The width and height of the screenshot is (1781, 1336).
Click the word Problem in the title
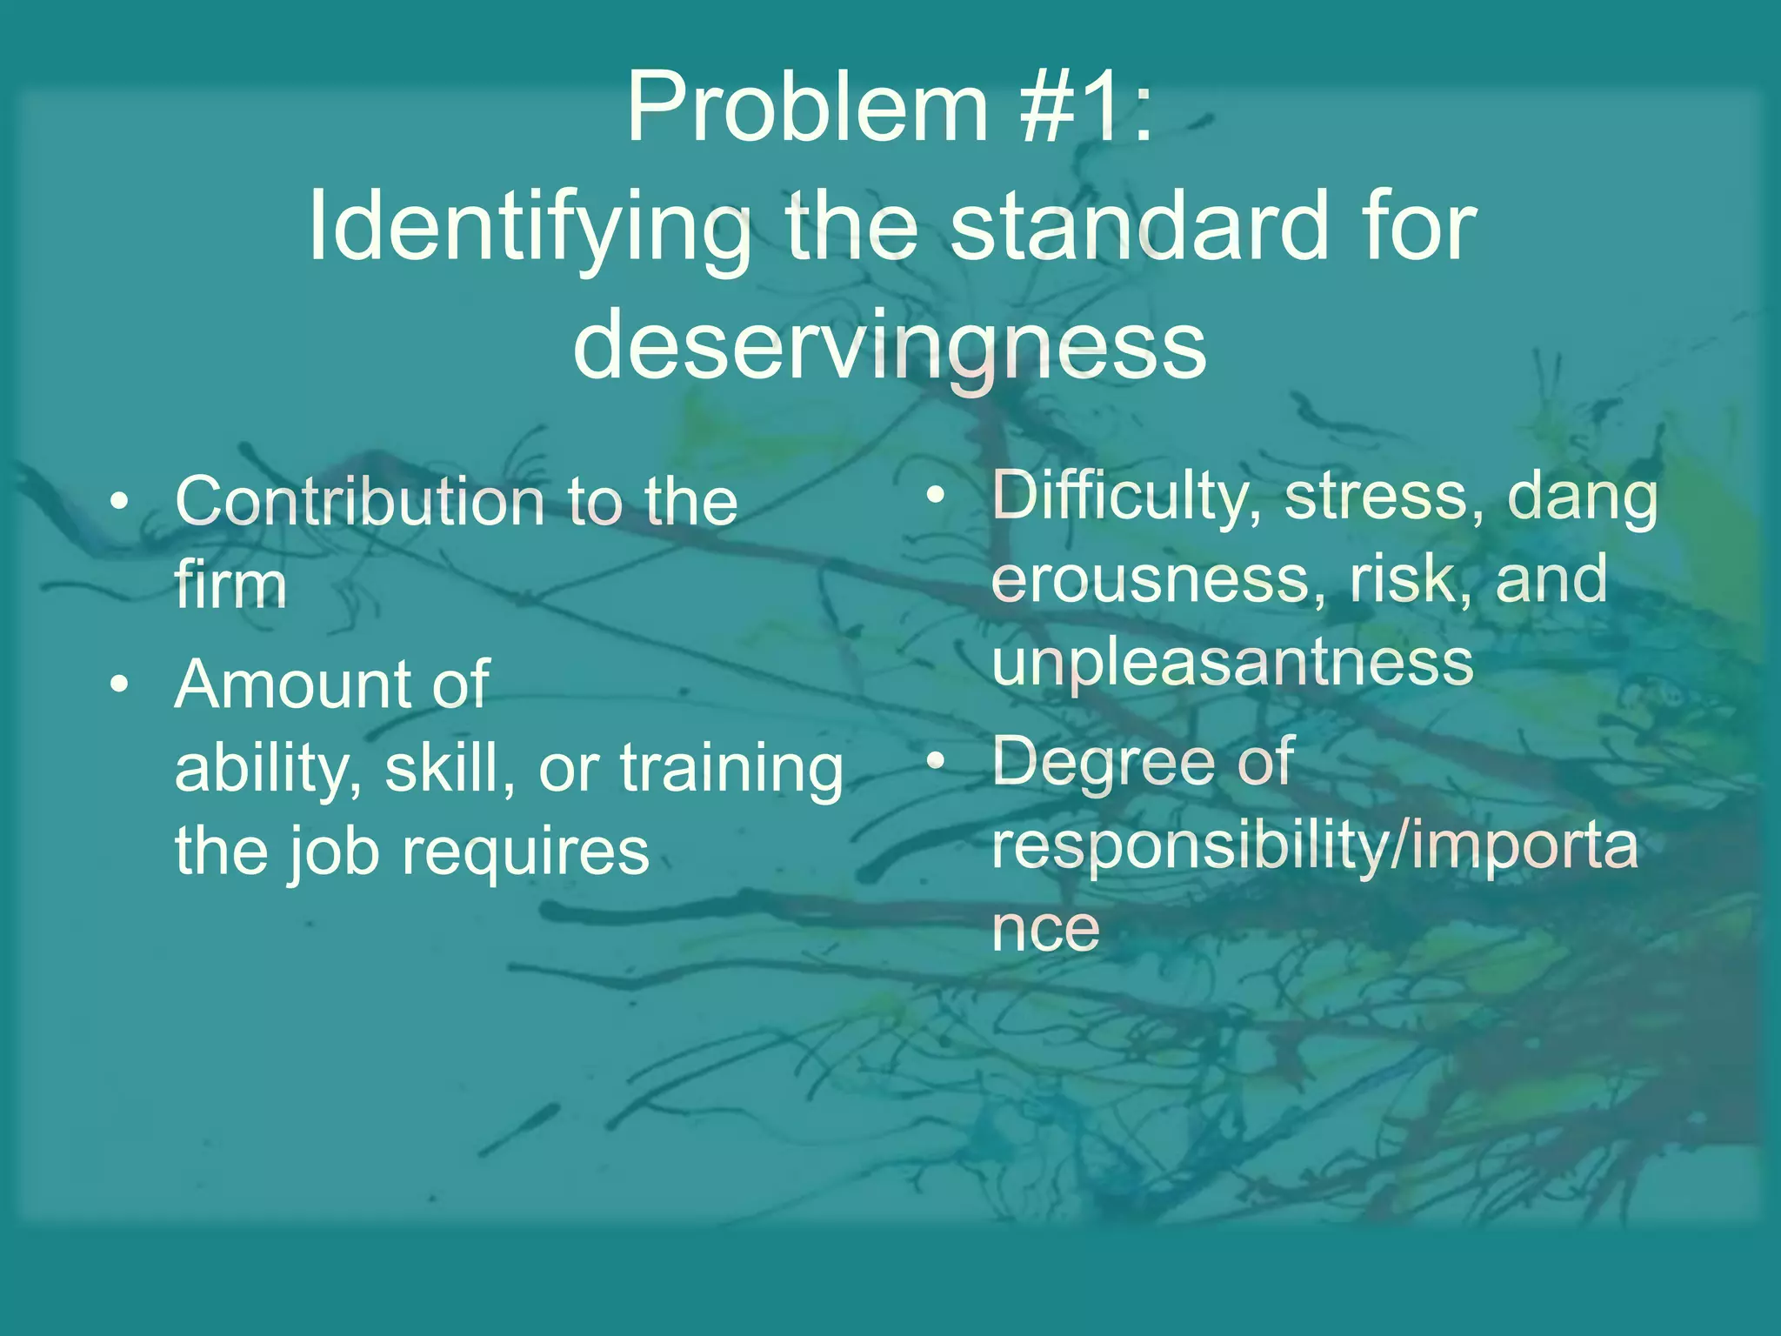click(807, 109)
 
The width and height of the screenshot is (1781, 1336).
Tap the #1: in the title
click(1087, 109)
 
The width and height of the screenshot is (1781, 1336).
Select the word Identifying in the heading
click(530, 228)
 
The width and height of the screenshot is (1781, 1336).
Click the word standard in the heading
click(1139, 228)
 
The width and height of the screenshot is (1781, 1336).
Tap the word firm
click(230, 584)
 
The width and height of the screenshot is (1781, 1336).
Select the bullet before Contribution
click(121, 502)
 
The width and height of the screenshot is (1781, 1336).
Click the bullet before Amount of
click(121, 685)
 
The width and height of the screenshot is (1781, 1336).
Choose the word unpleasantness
click(1232, 663)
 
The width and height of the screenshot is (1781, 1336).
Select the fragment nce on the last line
click(1045, 929)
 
